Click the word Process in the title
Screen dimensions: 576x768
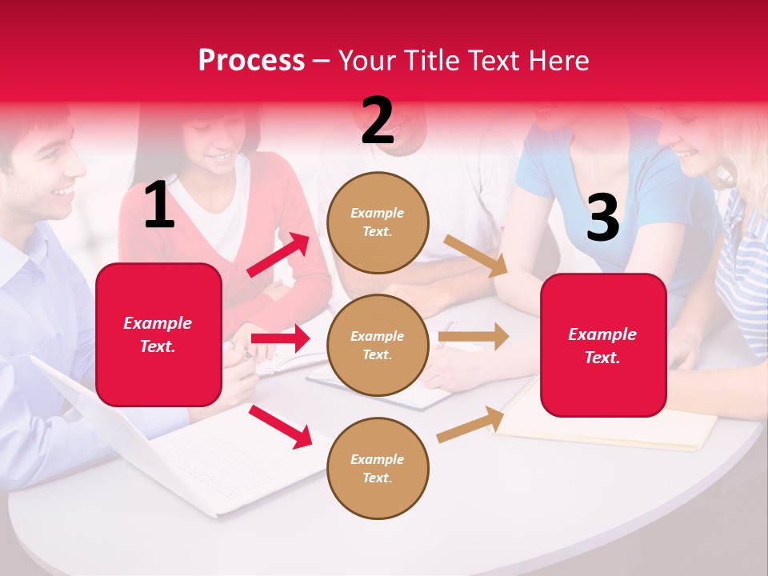point(251,60)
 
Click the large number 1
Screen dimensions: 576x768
point(159,206)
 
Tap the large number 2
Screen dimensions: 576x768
point(378,121)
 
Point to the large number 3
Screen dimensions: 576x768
point(602,218)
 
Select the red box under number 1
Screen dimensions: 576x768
point(158,334)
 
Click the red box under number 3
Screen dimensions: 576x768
point(603,345)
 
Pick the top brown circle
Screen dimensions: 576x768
point(378,222)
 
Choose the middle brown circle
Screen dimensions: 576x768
point(378,345)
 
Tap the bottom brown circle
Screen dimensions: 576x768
point(378,468)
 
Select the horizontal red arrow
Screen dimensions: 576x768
point(280,338)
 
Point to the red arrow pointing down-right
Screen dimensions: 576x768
point(280,426)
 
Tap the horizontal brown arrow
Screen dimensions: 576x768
point(474,336)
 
